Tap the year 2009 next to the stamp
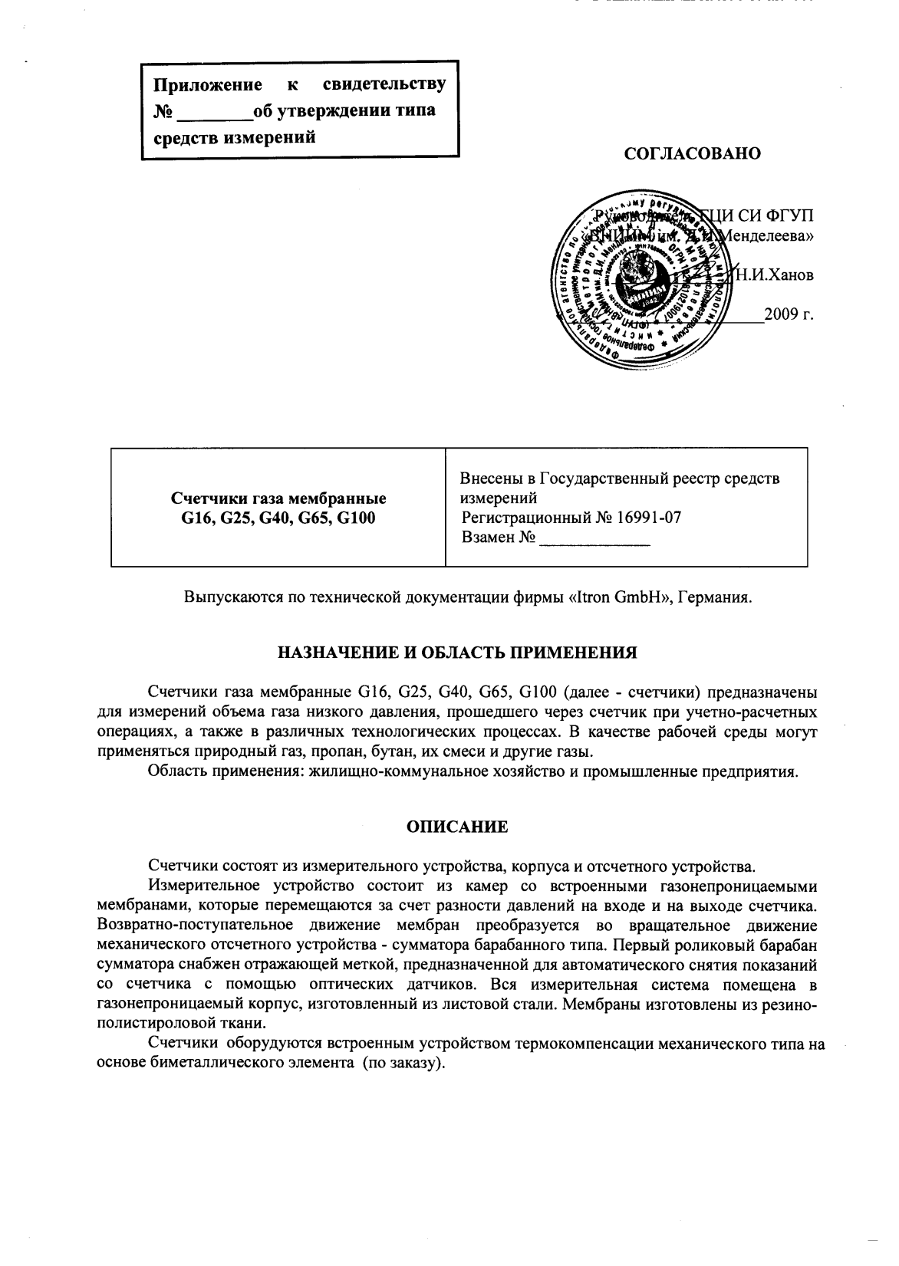[782, 315]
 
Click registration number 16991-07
[650, 518]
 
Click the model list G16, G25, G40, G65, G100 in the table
[278, 518]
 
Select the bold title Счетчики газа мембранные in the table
[278, 499]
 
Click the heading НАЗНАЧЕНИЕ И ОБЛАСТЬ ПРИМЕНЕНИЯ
[456, 653]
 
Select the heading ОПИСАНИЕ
[456, 827]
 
